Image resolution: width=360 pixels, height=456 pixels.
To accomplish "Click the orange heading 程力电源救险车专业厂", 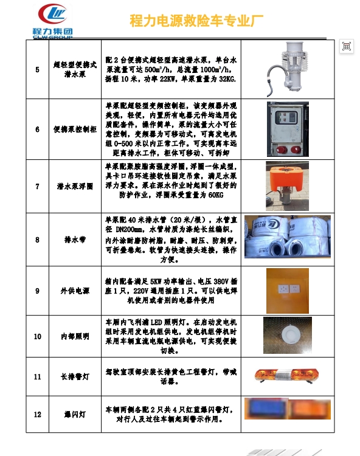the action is [196, 21].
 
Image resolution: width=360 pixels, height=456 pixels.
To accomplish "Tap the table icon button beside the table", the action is [347, 46].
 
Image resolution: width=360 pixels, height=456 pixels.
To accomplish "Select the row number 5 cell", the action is [38, 69].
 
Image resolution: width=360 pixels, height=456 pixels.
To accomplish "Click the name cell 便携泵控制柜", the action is [75, 129].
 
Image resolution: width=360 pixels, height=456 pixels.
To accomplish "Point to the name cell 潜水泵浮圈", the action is [75, 186].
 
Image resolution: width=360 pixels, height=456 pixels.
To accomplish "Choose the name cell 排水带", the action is [75, 240].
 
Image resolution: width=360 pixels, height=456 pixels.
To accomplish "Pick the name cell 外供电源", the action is [75, 291].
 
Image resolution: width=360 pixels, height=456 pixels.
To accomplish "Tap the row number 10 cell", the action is [38, 336].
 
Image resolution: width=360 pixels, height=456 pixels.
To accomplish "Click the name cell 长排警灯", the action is [75, 376].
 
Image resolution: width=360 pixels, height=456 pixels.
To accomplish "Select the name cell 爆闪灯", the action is [75, 414].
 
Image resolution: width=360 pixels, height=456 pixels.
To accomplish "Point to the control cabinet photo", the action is [288, 129].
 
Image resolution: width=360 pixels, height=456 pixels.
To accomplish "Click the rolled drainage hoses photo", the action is [288, 237].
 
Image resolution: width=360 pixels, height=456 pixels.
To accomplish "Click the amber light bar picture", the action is [286, 375].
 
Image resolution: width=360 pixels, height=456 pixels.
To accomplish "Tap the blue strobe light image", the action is [266, 408].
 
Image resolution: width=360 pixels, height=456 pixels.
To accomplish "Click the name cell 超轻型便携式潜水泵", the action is [75, 69].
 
